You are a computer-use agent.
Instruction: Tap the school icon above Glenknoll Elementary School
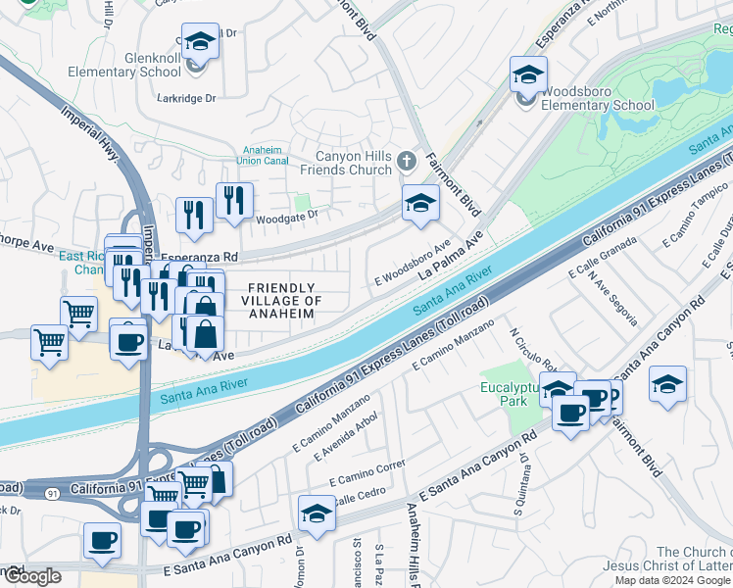pos(201,43)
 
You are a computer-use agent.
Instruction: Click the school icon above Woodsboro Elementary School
pos(527,74)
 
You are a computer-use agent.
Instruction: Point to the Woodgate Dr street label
pos(288,216)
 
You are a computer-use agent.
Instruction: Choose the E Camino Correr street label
pos(367,473)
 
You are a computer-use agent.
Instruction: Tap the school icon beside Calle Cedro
pos(317,514)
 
